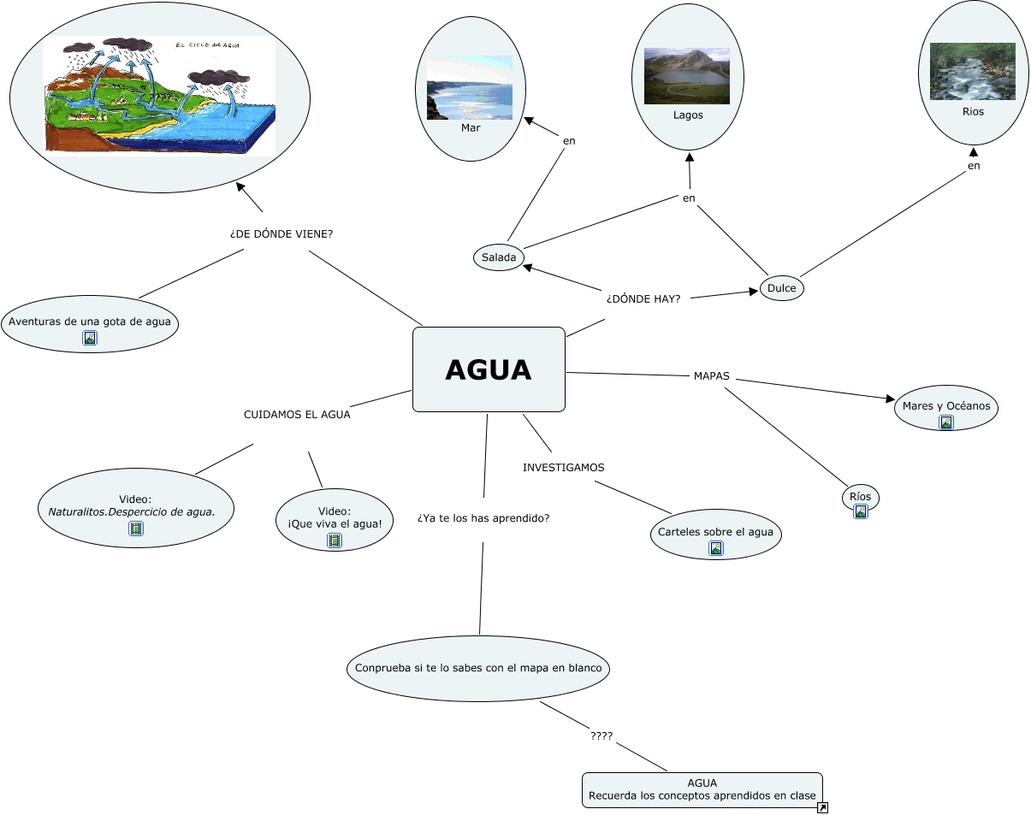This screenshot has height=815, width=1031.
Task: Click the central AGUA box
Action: [x=489, y=369]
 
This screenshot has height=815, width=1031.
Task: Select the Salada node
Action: [x=498, y=257]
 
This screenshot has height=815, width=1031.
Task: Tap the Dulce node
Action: [x=781, y=288]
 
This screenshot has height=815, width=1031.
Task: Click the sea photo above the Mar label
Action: [x=469, y=87]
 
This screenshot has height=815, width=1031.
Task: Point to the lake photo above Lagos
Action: [x=686, y=76]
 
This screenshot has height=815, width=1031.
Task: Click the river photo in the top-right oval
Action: [x=972, y=71]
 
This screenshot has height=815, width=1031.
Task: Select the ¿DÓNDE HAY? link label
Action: [x=643, y=298]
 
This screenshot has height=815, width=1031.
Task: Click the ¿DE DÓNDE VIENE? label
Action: [x=281, y=233]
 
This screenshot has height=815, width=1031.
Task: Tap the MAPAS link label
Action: [x=711, y=375]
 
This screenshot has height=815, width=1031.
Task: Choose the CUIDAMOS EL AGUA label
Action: [x=297, y=414]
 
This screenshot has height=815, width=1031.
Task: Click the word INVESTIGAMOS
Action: [x=563, y=467]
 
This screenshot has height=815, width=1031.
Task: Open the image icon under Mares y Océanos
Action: [x=945, y=422]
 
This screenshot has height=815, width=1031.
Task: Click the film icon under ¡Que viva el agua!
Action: [x=335, y=540]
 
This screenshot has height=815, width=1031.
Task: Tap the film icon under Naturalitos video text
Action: [x=136, y=529]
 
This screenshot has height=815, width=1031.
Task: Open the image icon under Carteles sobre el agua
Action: [x=715, y=548]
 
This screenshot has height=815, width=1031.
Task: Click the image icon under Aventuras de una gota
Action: [x=90, y=338]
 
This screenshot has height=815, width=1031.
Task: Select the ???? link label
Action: [x=601, y=735]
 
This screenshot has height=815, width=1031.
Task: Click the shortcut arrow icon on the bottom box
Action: [x=822, y=807]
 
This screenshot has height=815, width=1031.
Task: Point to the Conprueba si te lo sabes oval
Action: [x=477, y=668]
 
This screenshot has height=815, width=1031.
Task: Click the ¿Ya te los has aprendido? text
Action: [x=483, y=518]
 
